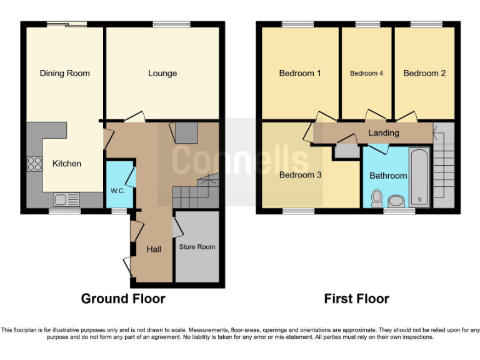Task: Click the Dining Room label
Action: (64, 73)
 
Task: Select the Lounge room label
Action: (162, 73)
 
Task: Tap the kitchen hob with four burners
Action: (34, 164)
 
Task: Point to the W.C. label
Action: (118, 191)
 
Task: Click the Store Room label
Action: (197, 247)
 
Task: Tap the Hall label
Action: (154, 249)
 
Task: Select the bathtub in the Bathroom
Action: (419, 177)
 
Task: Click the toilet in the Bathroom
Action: (377, 198)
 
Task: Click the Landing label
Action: (384, 133)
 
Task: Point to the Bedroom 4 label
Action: (366, 74)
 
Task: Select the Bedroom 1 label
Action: (300, 73)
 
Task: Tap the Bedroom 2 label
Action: (424, 73)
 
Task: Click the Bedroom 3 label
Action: (300, 175)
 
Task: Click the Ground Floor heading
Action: (123, 299)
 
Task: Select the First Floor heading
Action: (356, 299)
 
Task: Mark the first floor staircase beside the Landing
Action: (444, 166)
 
